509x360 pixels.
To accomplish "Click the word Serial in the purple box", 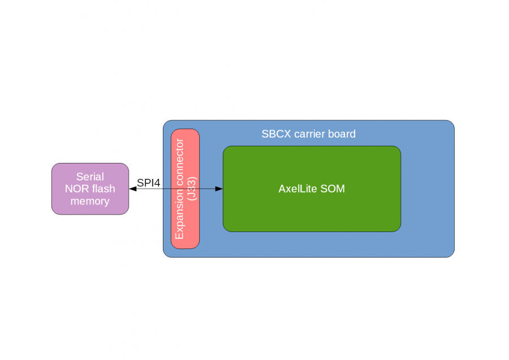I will (x=90, y=177).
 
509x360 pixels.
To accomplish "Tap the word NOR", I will (x=77, y=189).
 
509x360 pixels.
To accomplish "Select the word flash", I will (x=103, y=189).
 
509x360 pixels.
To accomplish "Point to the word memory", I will (x=90, y=201).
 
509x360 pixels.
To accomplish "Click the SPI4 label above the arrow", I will (x=148, y=183).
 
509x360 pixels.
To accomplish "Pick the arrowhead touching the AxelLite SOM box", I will (x=219, y=188).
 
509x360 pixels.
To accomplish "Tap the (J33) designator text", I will (x=191, y=188).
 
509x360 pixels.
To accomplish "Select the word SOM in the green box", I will (x=333, y=189).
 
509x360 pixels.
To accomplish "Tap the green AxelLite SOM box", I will (x=312, y=215).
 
